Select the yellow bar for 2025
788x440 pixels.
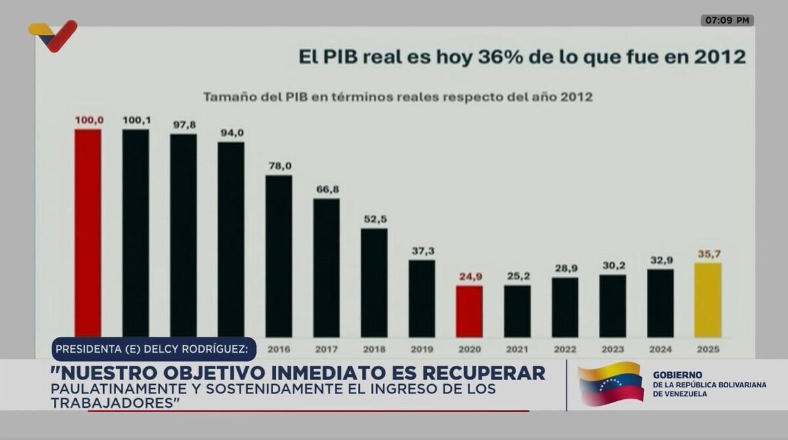708,299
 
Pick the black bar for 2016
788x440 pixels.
278,255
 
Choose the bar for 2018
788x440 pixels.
374,282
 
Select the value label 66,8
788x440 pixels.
326,189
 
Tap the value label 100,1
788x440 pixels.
136,120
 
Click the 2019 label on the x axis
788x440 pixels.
422,349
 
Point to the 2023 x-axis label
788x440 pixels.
613,349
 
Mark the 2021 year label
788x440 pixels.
517,349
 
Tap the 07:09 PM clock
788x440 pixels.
727,20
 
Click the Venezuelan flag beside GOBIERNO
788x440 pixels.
610,384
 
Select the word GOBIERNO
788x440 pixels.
677,375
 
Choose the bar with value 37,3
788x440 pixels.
422,298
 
